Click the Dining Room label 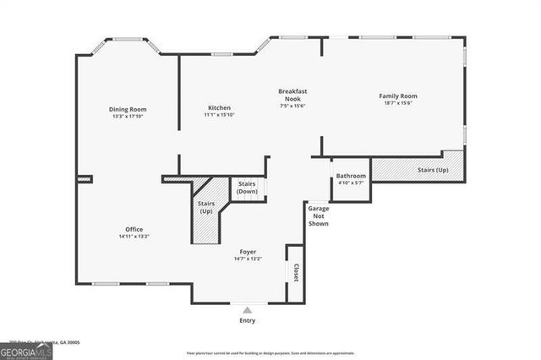tap(128, 109)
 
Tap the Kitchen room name tap(220, 108)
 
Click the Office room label tap(134, 230)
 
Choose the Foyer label tap(248, 252)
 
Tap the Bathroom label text tap(351, 176)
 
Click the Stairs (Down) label tap(247, 188)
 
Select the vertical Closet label tap(296, 272)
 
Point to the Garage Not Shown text tap(318, 215)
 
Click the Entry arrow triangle tap(247, 309)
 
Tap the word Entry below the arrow tap(247, 320)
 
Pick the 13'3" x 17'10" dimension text tap(128, 117)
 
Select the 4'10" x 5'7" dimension tap(351, 183)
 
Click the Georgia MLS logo tap(27, 349)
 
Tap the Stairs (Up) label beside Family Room tap(433, 170)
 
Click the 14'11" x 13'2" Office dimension tap(134, 237)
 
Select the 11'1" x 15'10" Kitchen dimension tap(220, 116)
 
